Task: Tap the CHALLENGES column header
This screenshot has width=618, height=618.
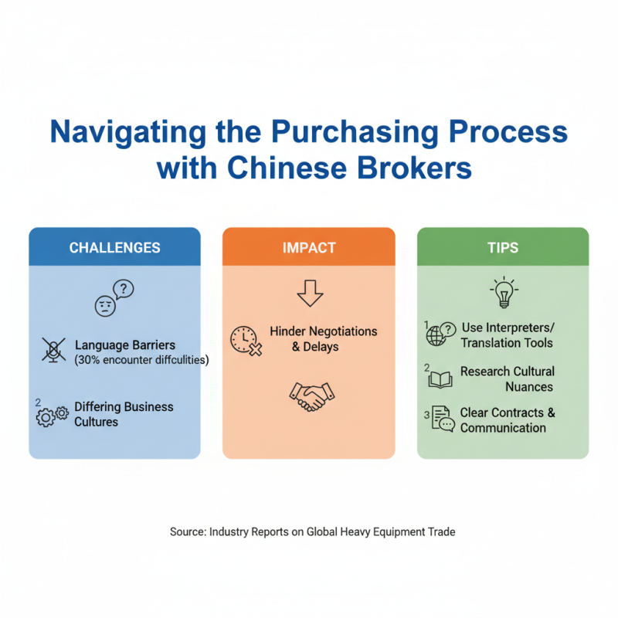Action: [114, 248]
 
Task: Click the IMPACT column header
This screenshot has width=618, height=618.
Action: [308, 248]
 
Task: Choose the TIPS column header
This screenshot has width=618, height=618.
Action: [503, 248]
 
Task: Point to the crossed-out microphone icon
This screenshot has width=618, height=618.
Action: [54, 350]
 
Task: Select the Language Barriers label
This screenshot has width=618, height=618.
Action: [124, 345]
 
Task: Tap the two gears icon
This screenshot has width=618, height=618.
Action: [53, 416]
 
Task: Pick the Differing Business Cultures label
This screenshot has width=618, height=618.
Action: [124, 414]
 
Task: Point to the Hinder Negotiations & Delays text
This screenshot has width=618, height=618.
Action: [323, 339]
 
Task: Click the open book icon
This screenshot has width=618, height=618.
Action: [440, 379]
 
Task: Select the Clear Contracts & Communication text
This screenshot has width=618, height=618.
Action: [507, 420]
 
